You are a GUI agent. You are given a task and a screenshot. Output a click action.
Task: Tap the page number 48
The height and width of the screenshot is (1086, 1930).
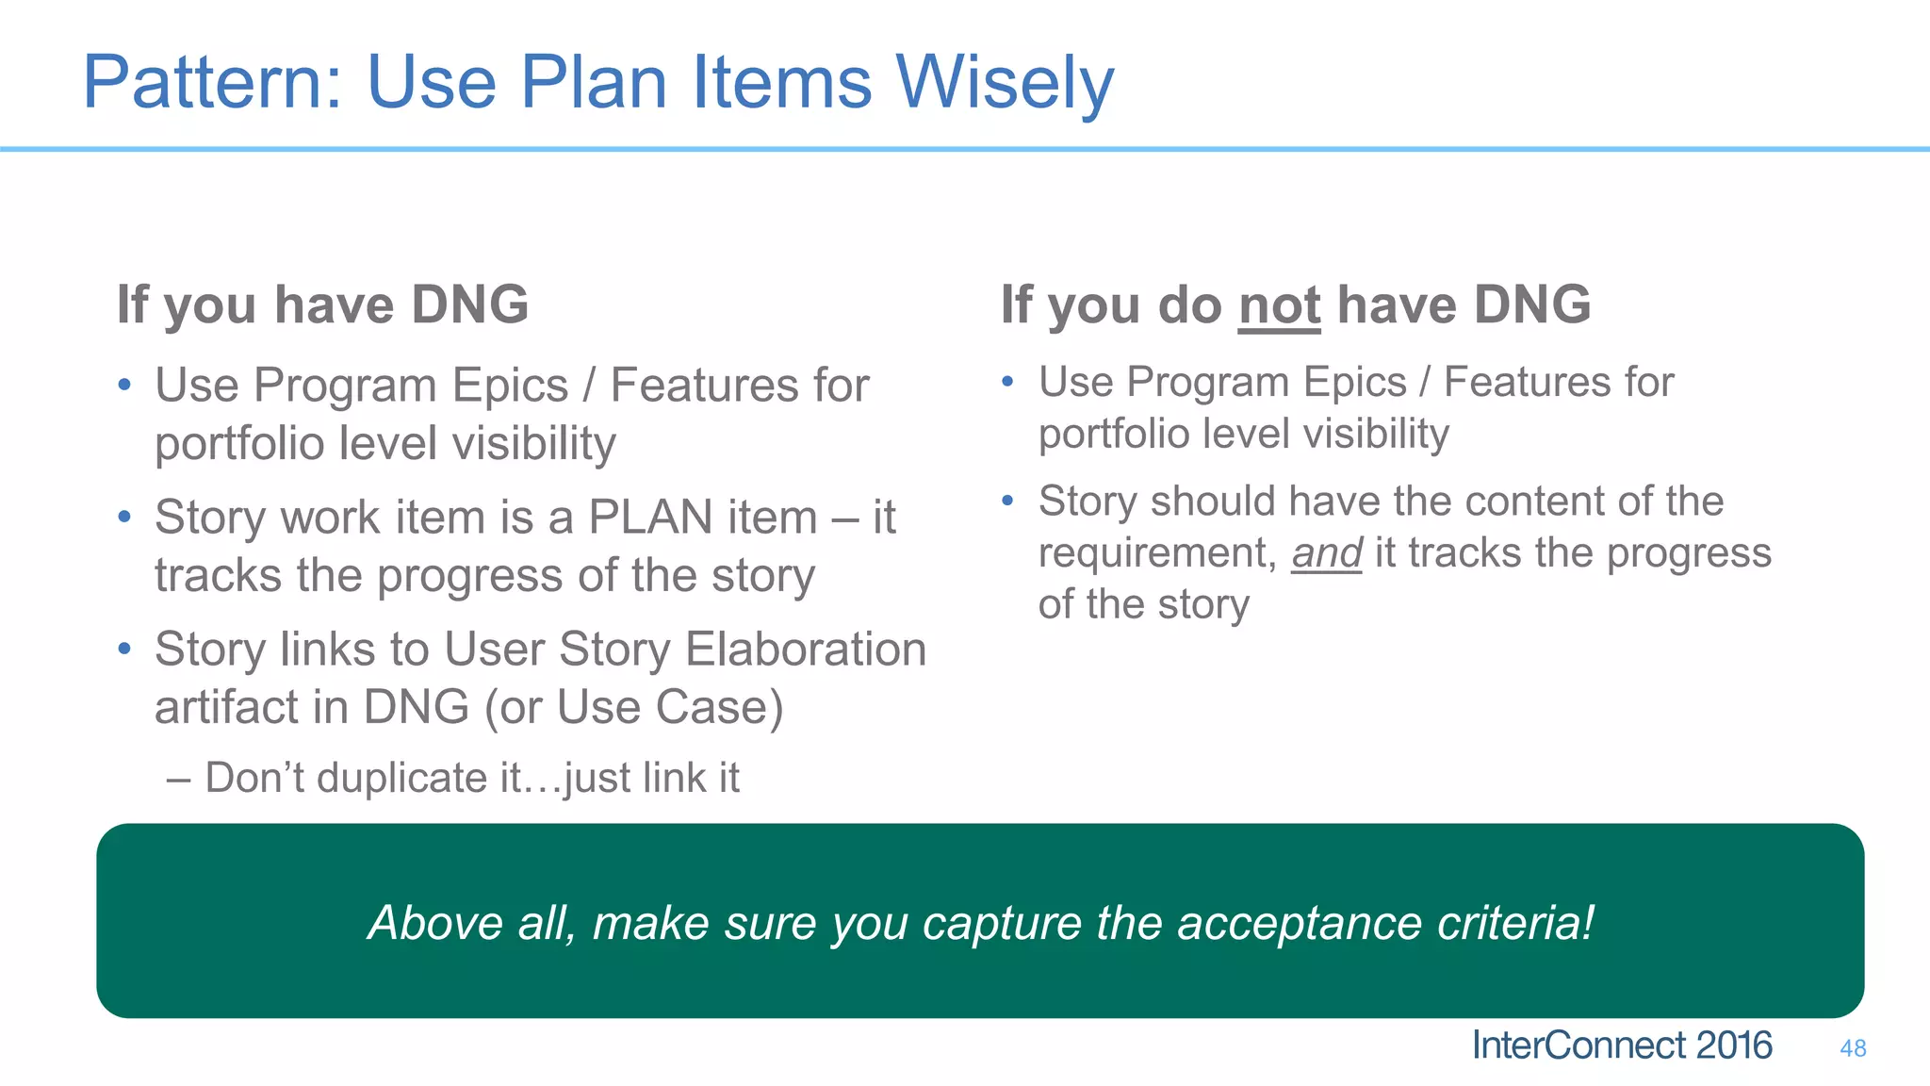[1853, 1048]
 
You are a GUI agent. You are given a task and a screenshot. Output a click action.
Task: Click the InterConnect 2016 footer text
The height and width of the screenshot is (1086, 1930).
[1622, 1045]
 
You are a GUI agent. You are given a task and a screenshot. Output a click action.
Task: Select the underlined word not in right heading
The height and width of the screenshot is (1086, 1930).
[1279, 306]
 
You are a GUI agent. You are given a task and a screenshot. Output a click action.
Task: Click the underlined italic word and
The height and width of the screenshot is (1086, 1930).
[1326, 553]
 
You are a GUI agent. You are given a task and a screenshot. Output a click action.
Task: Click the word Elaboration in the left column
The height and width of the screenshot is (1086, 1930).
[806, 650]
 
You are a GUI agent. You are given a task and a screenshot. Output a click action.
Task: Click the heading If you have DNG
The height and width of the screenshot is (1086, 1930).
[322, 305]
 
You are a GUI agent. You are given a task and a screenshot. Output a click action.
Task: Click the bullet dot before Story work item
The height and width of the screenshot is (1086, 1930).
[124, 517]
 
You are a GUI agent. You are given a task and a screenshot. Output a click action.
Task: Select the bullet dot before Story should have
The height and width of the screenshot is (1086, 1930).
[1007, 501]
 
